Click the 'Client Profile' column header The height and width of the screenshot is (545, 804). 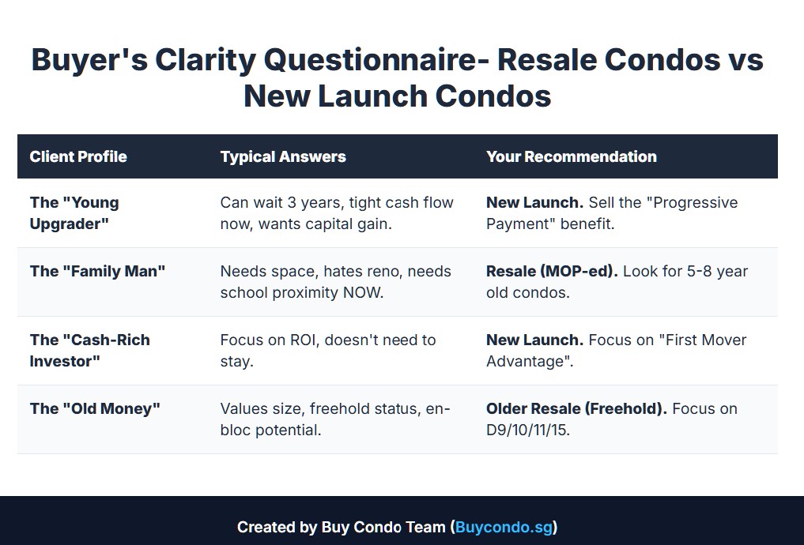tap(78, 156)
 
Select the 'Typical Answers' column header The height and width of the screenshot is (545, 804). tap(283, 156)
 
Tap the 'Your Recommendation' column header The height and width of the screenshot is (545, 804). tap(571, 156)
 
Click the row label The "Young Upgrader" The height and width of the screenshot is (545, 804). tap(74, 213)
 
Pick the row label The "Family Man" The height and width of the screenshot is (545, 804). tap(97, 271)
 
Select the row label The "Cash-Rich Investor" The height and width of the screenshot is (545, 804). tap(89, 351)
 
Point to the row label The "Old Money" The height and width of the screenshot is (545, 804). tap(95, 408)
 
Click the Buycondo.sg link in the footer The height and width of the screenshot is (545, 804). tap(504, 527)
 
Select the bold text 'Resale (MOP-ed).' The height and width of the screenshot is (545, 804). tap(552, 271)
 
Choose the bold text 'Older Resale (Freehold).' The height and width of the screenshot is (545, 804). tap(576, 408)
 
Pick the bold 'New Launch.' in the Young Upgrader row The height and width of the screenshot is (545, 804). tap(534, 202)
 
